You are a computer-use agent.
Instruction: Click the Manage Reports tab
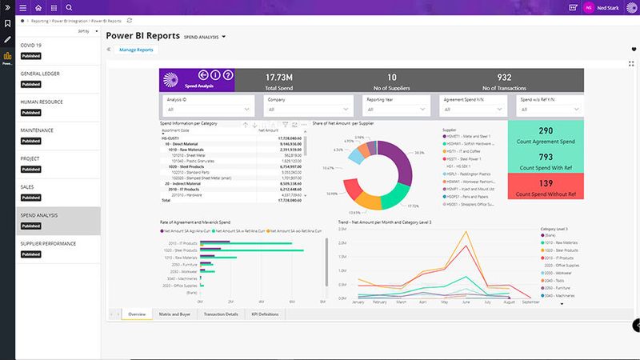(x=136, y=50)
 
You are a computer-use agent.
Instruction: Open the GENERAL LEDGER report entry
(x=41, y=74)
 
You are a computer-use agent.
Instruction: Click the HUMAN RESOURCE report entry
(x=42, y=102)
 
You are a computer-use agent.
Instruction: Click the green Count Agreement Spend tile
(x=546, y=135)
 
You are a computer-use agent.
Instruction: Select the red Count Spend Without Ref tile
(x=546, y=188)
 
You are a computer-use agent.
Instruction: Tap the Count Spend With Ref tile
(x=546, y=162)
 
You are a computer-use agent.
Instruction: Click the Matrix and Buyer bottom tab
(x=174, y=314)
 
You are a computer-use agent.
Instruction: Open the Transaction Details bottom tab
(x=221, y=314)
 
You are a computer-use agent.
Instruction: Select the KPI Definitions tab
(x=266, y=314)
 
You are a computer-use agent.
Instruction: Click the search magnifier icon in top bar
(x=70, y=7)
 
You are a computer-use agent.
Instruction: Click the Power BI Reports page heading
(x=142, y=36)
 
